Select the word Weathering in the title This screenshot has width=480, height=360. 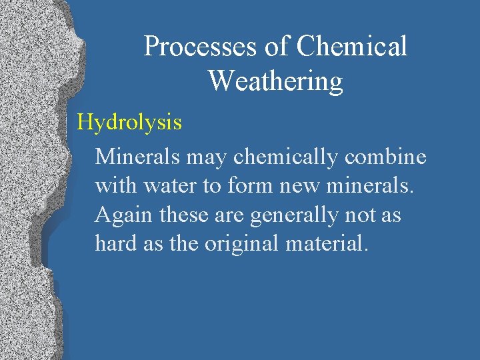(x=275, y=81)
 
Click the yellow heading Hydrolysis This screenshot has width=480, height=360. (x=129, y=123)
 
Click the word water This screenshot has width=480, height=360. (x=171, y=186)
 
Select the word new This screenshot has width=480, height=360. (x=294, y=186)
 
